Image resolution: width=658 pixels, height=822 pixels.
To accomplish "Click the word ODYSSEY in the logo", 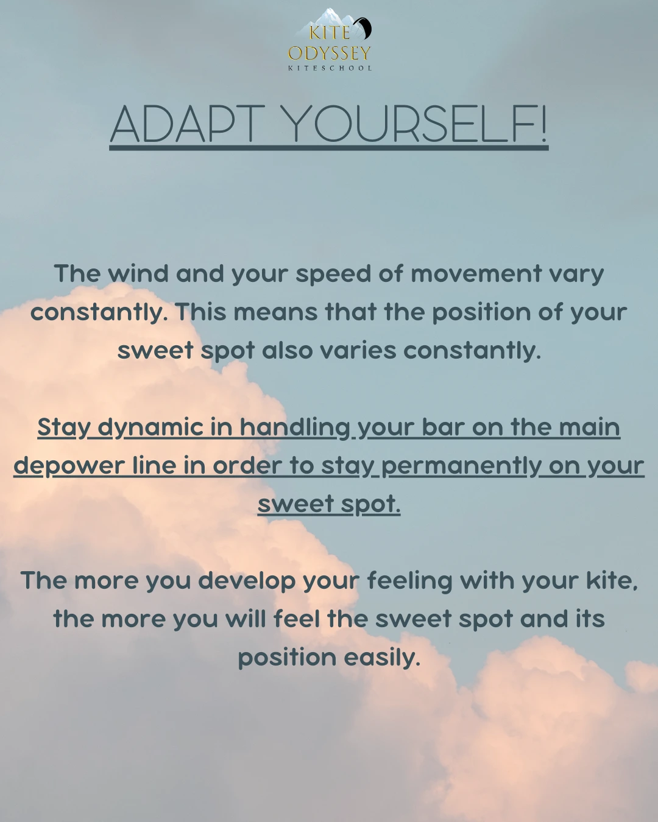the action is pyautogui.click(x=330, y=53).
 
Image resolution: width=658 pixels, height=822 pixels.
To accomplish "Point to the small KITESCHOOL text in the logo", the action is pyautogui.click(x=330, y=68).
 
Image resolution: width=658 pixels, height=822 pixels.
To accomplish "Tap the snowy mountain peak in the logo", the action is pyautogui.click(x=328, y=17).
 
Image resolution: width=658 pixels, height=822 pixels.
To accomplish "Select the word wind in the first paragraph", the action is pyautogui.click(x=138, y=273).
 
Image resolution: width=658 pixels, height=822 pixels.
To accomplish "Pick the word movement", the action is pyautogui.click(x=476, y=273).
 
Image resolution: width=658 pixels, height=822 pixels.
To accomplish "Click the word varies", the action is pyautogui.click(x=358, y=351).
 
